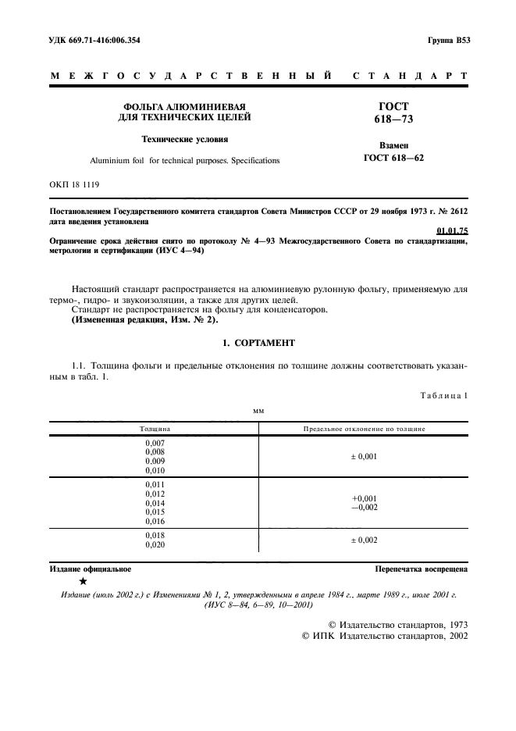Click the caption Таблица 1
pyautogui.click(x=443, y=396)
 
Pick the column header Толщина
pyautogui.click(x=155, y=429)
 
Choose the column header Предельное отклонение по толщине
pyautogui.click(x=364, y=429)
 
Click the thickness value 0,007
pyautogui.click(x=155, y=443)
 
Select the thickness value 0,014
pyautogui.click(x=155, y=503)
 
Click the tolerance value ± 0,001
pyautogui.click(x=364, y=457)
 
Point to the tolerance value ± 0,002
pyautogui.click(x=364, y=540)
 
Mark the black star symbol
pyautogui.click(x=83, y=581)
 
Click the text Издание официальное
pyautogui.click(x=90, y=569)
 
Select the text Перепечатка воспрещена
pyautogui.click(x=421, y=569)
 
